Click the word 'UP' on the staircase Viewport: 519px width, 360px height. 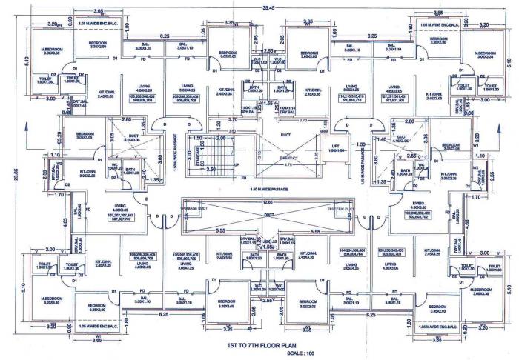[x=236, y=164]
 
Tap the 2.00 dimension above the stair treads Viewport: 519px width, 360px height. [x=220, y=138]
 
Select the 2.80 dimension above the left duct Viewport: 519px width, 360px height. [x=127, y=119]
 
